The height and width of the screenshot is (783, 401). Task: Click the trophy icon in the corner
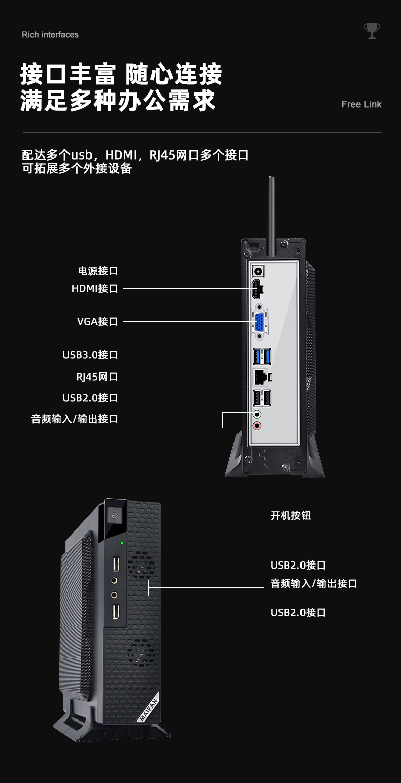coord(372,31)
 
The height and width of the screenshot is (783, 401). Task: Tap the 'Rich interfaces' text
coord(50,35)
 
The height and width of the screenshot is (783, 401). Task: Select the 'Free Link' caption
coord(361,104)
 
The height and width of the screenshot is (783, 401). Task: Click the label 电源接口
coord(98,271)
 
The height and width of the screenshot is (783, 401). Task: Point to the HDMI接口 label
coord(94,289)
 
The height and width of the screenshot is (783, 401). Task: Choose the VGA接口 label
coord(97,321)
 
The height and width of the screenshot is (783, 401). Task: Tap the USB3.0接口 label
coord(90,355)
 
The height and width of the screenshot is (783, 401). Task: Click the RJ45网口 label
coord(97,377)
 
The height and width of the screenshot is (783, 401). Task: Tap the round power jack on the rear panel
coord(257,271)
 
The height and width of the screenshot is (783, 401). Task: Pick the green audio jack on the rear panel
coord(257,413)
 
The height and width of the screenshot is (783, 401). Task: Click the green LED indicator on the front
coord(121,543)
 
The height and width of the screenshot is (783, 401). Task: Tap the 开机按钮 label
coord(290,516)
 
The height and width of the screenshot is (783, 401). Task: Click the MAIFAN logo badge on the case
coord(148,706)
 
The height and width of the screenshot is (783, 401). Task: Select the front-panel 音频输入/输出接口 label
coord(313,583)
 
